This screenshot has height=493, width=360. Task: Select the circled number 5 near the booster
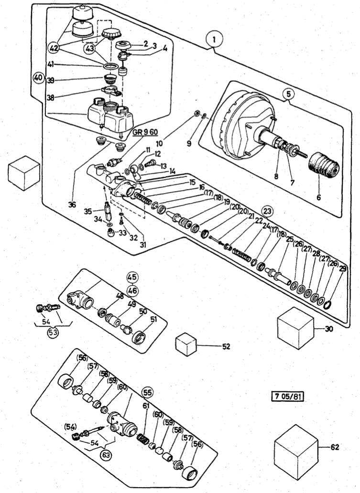coord(288,94)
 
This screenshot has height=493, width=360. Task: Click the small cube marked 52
coord(186,344)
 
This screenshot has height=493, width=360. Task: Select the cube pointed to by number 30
coord(295,328)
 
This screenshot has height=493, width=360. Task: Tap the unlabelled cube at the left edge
coord(23,172)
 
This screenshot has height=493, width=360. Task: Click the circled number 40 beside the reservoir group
coord(38,77)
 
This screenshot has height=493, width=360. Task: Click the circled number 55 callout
coord(148,392)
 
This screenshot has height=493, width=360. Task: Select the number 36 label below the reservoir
coord(72,204)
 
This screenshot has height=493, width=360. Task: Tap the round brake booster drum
coord(239,124)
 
